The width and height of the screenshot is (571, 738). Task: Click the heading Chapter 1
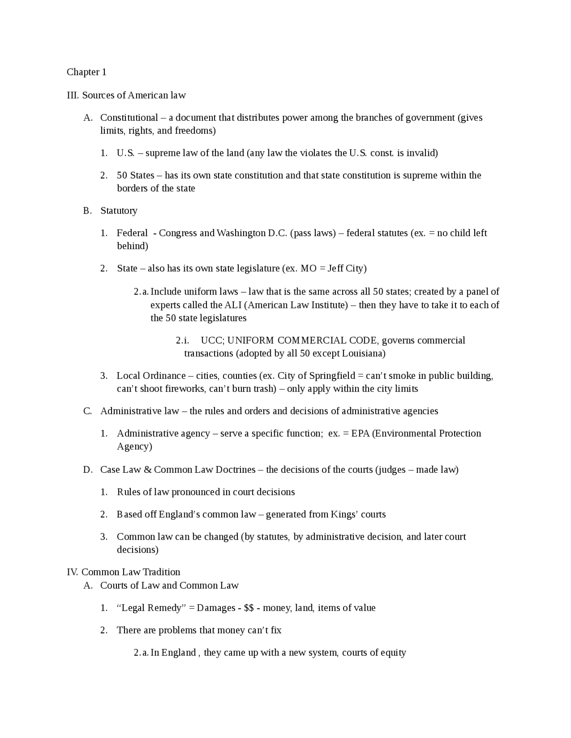[87, 72]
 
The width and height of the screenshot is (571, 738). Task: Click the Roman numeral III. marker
[73, 95]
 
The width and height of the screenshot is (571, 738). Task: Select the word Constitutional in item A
[129, 118]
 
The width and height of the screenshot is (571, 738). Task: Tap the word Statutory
[119, 211]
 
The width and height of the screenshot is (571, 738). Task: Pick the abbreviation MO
[309, 269]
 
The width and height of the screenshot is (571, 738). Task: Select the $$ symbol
[249, 608]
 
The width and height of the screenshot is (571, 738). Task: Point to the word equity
[393, 653]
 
